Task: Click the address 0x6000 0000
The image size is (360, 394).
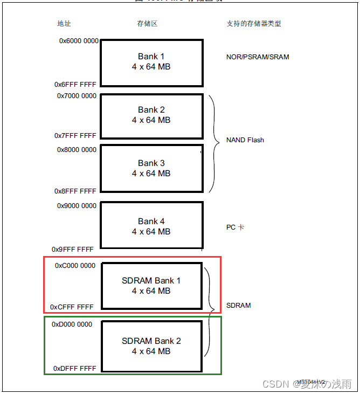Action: click(79, 40)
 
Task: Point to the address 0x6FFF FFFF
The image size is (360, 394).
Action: click(76, 85)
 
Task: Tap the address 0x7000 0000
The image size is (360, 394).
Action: click(77, 96)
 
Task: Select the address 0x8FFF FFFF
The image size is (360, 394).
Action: click(75, 191)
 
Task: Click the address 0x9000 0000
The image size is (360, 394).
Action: click(77, 206)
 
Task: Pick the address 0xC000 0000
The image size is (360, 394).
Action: click(75, 266)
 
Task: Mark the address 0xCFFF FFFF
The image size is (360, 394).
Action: click(72, 307)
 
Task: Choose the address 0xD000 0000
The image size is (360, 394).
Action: click(72, 324)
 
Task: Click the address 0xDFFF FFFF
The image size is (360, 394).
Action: click(75, 369)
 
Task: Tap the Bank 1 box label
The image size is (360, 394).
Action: click(151, 56)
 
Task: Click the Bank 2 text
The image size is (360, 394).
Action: click(151, 110)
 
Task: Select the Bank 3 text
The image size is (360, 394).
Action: click(151, 163)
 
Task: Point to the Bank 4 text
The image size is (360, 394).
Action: click(151, 221)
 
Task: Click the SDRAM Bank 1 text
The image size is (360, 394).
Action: click(151, 280)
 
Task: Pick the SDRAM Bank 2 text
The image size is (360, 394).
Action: click(151, 341)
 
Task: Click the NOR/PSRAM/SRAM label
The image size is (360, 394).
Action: click(258, 57)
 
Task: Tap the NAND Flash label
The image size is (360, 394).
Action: click(245, 140)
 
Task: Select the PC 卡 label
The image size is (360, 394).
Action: click(235, 227)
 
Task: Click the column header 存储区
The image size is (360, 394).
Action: click(147, 24)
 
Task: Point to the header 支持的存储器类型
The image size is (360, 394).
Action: click(254, 24)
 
